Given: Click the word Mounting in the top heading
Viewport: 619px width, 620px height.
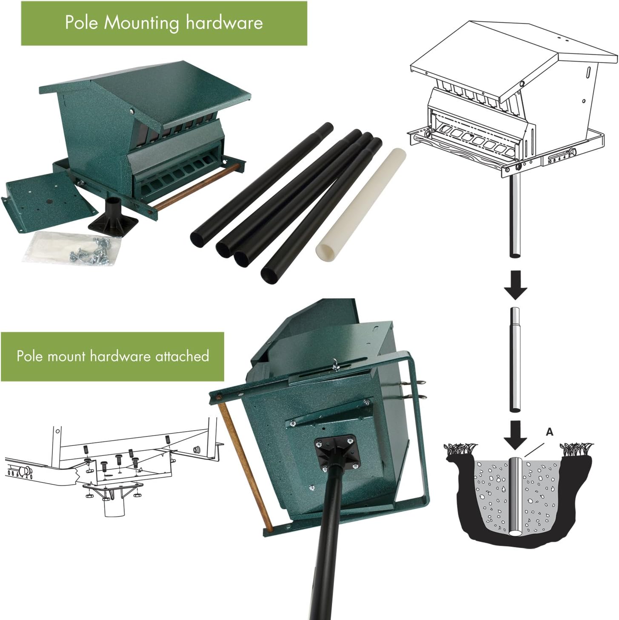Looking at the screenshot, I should [x=142, y=23].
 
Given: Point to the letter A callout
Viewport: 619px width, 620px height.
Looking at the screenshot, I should [x=549, y=432].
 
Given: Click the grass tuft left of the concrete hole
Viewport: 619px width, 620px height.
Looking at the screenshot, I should [x=459, y=450].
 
